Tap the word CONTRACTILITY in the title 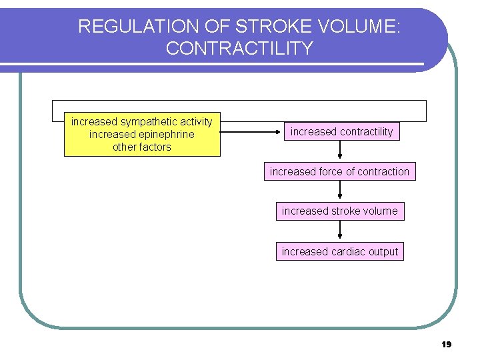[x=239, y=49]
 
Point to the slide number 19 [x=447, y=345]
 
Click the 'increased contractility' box [x=341, y=132]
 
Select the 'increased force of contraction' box [x=339, y=172]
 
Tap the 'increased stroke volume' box [x=339, y=211]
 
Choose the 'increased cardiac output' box [x=339, y=251]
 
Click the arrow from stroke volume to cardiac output [x=340, y=231]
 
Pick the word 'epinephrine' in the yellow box [x=167, y=135]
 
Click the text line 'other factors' [x=141, y=147]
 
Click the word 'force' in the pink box [x=330, y=172]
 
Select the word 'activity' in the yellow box [x=195, y=122]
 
